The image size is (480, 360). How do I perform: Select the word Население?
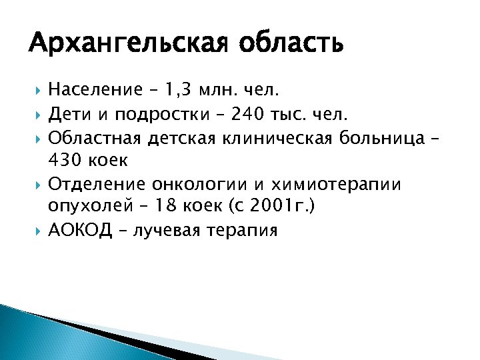95,89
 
